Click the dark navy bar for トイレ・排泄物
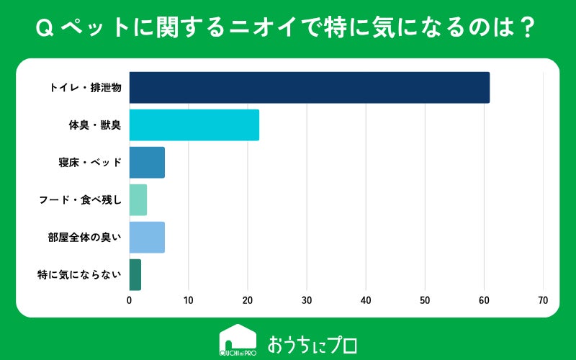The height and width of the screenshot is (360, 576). [x=310, y=87]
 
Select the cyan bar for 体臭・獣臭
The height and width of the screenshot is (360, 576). [x=194, y=125]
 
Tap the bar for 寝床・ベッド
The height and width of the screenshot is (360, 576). [x=147, y=163]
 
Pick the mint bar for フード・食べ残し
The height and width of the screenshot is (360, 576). [x=138, y=200]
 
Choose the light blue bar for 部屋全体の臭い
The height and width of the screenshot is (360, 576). [x=147, y=238]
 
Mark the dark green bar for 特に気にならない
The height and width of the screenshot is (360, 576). [x=135, y=275]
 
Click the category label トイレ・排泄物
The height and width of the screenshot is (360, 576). [x=85, y=88]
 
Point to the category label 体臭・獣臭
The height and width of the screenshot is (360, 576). [x=95, y=125]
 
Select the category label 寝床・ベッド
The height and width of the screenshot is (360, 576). [x=90, y=163]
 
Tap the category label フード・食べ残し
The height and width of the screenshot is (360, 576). [x=81, y=200]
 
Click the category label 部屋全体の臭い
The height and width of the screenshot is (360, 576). [x=84, y=238]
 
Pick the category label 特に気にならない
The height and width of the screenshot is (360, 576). [x=79, y=275]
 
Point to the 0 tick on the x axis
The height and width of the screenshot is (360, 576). [x=130, y=300]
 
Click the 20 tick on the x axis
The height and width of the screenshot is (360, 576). [x=248, y=300]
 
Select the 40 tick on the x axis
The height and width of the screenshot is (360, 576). [x=366, y=300]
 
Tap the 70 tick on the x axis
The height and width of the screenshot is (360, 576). [x=543, y=300]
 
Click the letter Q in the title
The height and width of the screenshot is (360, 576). [x=45, y=28]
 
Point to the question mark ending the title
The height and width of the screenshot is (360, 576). [x=528, y=28]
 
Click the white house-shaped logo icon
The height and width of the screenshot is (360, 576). [x=238, y=340]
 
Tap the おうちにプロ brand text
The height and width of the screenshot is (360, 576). [x=312, y=345]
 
